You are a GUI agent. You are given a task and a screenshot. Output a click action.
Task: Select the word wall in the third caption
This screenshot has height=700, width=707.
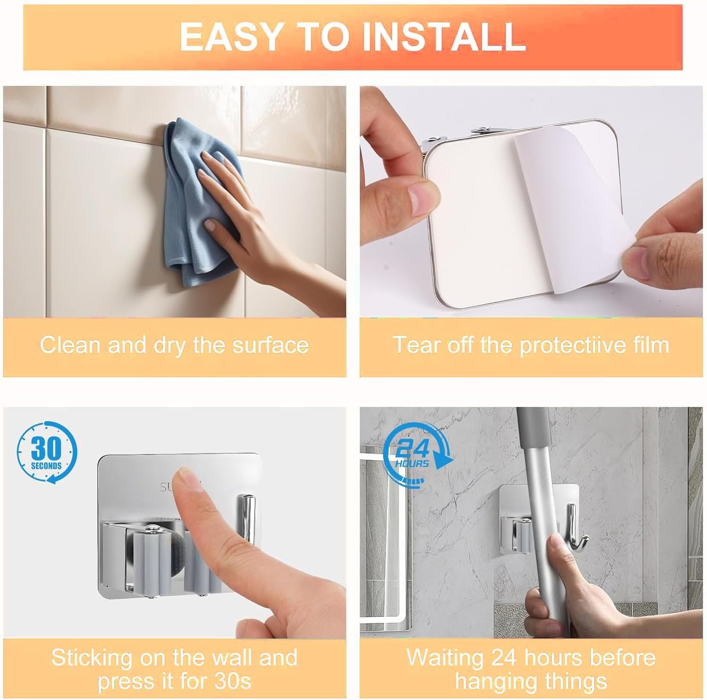pos(227,657)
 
